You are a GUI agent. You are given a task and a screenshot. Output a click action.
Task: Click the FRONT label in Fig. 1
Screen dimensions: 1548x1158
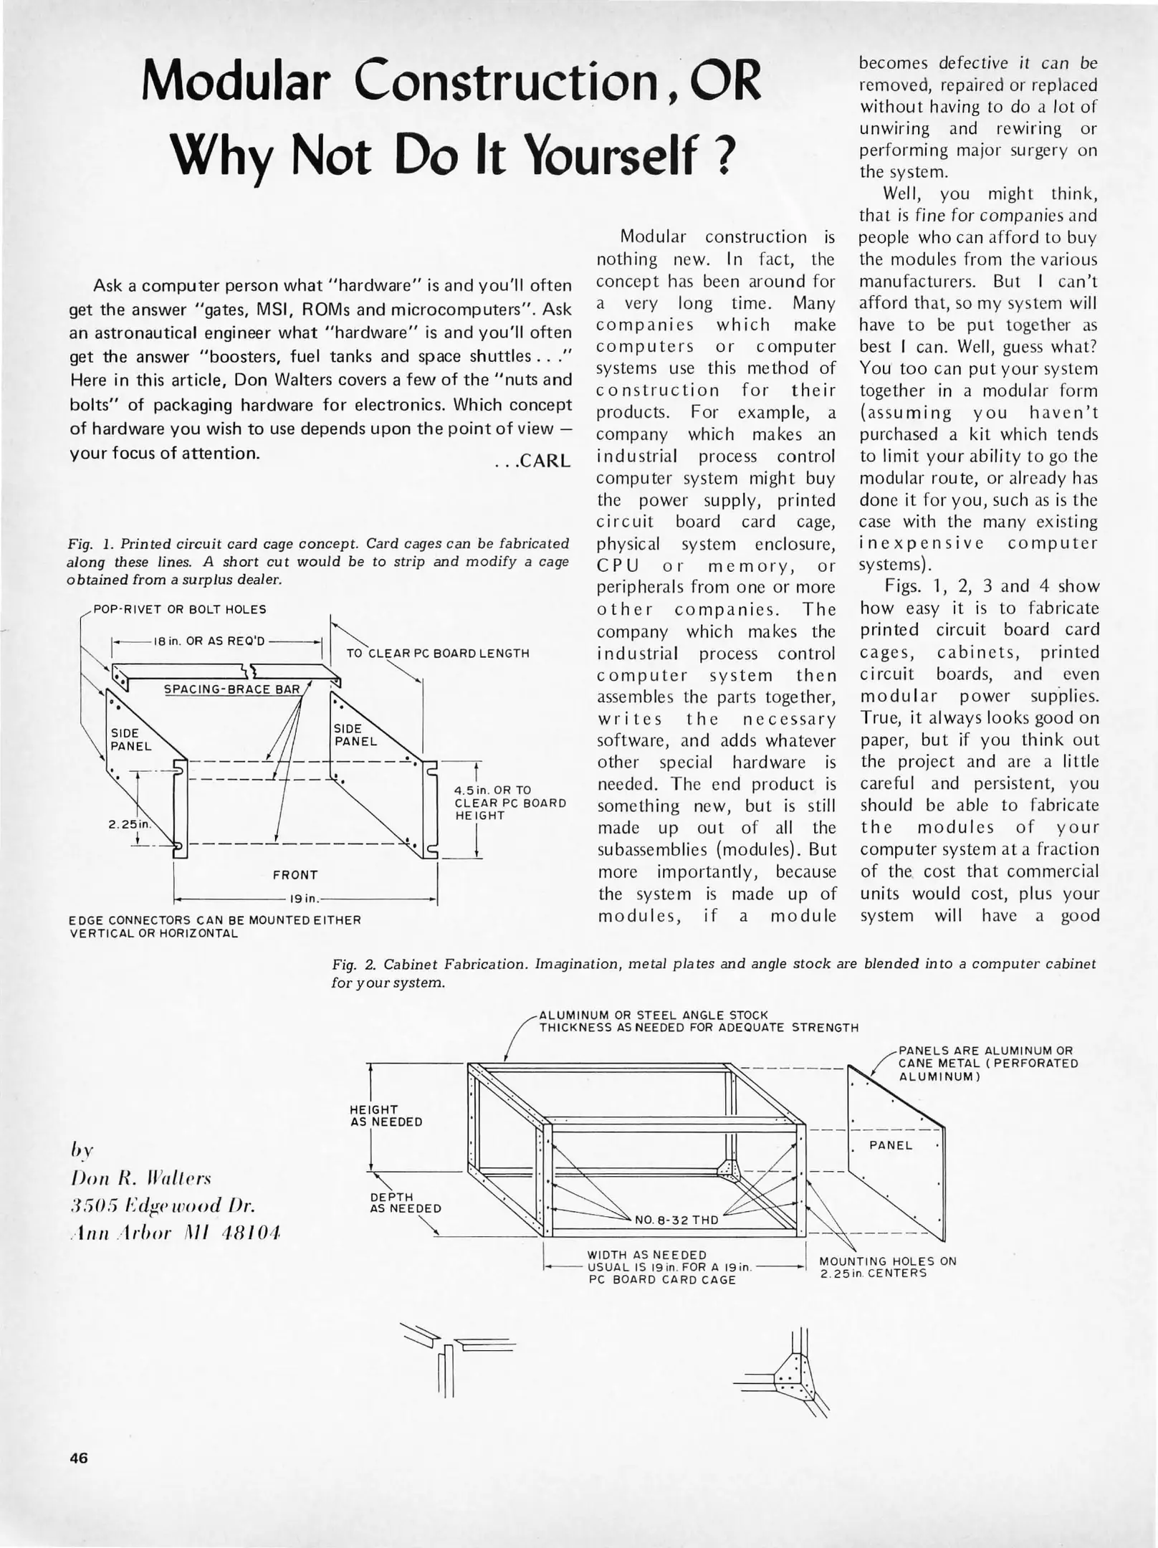coord(295,875)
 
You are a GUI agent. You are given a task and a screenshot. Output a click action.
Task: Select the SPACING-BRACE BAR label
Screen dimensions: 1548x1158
coord(231,689)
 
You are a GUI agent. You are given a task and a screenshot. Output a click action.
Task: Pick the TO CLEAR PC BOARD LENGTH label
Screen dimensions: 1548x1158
coord(438,654)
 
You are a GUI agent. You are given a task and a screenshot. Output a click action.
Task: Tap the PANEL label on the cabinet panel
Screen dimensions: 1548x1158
coord(891,1145)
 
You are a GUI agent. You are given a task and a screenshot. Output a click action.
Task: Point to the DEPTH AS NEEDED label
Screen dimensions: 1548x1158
coord(406,1202)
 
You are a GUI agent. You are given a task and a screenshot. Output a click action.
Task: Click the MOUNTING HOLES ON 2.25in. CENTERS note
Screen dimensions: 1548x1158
coord(888,1267)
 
